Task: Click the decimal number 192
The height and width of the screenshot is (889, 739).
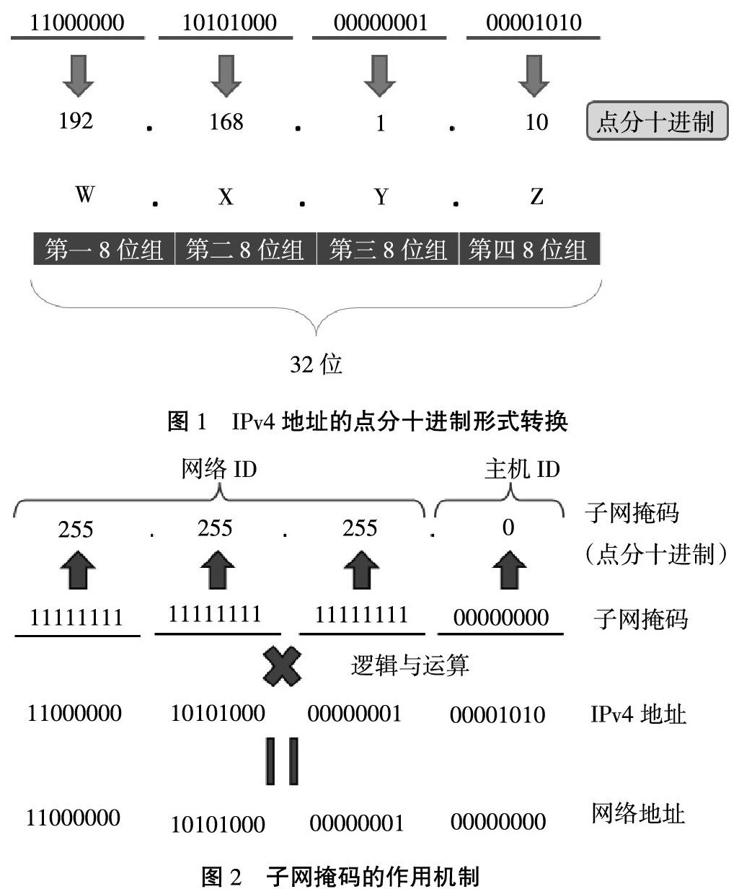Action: click(76, 121)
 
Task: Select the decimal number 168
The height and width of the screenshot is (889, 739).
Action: click(226, 121)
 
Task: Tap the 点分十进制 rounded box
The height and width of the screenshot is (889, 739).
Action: click(657, 121)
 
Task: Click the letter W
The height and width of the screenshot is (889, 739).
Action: click(84, 195)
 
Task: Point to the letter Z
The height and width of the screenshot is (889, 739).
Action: click(536, 196)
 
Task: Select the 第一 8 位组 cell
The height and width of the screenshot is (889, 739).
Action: click(104, 250)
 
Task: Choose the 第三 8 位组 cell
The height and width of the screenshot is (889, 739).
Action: click(388, 250)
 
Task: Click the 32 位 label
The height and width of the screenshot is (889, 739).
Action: click(316, 364)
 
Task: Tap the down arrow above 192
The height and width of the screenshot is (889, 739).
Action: click(78, 76)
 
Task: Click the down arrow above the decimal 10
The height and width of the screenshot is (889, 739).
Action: click(534, 76)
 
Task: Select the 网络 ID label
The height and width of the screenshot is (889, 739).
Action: click(219, 470)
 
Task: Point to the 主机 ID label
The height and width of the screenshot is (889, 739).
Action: click(522, 470)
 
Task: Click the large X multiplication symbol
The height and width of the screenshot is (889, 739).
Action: click(282, 666)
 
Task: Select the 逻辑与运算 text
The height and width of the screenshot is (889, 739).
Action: click(410, 665)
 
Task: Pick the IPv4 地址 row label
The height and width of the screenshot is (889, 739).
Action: click(638, 714)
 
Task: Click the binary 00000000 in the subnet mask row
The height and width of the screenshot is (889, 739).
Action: click(501, 618)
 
